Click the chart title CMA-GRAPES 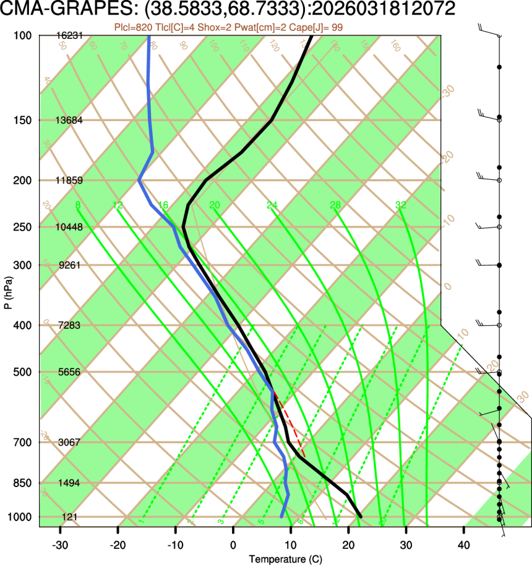(x=58, y=9)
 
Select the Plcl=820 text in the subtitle (x=132, y=27)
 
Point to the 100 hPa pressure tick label (x=22, y=36)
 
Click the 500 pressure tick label (x=22, y=372)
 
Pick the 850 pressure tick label (x=22, y=483)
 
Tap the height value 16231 (x=69, y=36)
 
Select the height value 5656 (x=69, y=372)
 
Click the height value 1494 (x=69, y=483)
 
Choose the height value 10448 (x=69, y=227)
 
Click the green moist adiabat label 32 (x=401, y=205)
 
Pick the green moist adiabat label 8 (x=77, y=205)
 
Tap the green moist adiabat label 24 (x=272, y=205)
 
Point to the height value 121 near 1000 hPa (x=69, y=517)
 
